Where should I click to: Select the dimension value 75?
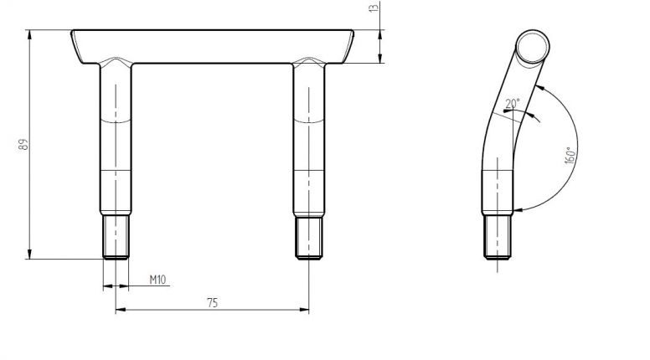tap(212, 302)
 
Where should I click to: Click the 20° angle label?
tap(512, 104)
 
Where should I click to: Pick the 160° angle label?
tap(568, 156)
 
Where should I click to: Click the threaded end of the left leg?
tap(116, 236)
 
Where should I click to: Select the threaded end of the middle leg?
tap(309, 236)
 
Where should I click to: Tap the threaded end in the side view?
tap(498, 236)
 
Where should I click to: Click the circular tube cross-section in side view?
tap(533, 47)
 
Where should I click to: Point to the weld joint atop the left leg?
tap(116, 63)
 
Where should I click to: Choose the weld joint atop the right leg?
tap(309, 63)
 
